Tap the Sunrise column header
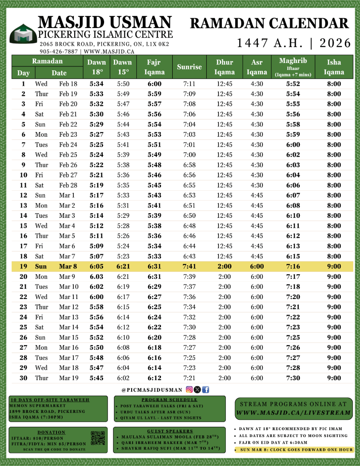tap(189, 67)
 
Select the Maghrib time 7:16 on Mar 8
tap(293, 267)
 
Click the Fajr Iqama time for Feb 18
tap(155, 84)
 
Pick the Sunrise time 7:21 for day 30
tap(189, 378)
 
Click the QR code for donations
tap(98, 438)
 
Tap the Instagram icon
tap(189, 390)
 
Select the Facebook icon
tap(205, 390)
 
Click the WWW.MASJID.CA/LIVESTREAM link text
tap(293, 413)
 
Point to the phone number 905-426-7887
tap(59, 51)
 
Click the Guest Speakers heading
tap(170, 431)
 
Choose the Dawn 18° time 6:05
tap(96, 267)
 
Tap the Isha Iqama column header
tap(334, 67)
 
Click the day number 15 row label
tap(23, 226)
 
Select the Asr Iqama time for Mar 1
tap(257, 195)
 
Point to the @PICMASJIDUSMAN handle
tap(152, 390)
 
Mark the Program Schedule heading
tap(169, 400)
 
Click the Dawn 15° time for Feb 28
tap(123, 185)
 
